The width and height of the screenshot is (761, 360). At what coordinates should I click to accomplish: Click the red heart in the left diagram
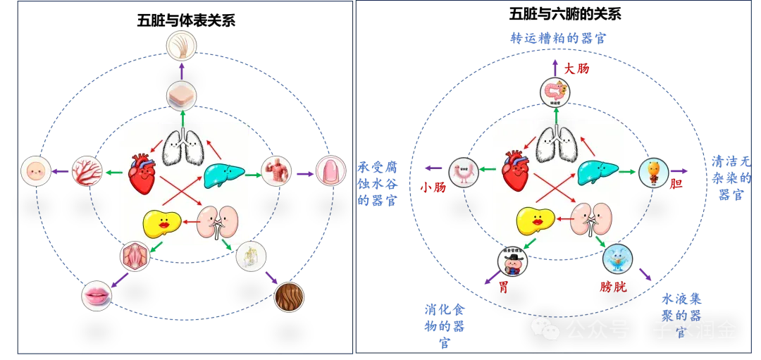coord(142,173)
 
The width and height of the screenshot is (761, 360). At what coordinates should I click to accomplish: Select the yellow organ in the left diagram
coord(161,223)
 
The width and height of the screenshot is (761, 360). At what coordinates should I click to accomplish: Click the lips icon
coord(97,295)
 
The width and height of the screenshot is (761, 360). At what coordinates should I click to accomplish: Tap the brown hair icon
coord(288,297)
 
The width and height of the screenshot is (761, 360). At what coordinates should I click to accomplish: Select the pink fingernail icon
coord(330,171)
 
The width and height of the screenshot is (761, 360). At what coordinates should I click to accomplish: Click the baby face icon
coord(35,171)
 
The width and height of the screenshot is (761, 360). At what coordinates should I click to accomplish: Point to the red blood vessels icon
coord(87,171)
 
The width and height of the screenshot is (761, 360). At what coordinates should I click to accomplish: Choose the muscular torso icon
coord(276,171)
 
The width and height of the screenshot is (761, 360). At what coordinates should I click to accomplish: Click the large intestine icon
coord(555,92)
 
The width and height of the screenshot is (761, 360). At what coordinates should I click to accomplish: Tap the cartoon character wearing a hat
coord(512,261)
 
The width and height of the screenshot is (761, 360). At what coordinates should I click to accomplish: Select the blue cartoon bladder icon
coord(617,259)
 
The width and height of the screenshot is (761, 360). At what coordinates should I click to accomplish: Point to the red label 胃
coord(504,287)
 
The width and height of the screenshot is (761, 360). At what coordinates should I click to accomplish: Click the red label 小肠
coord(430,187)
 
